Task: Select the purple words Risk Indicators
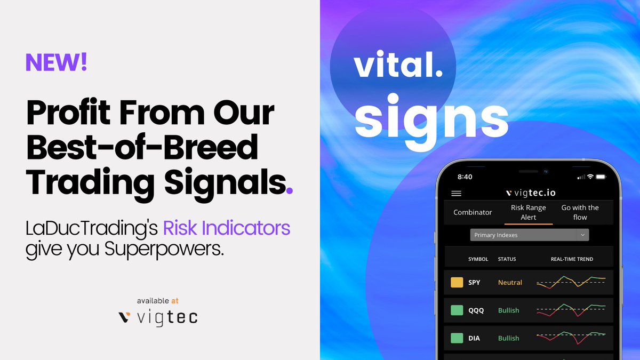coord(226,228)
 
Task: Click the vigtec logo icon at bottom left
coord(124,317)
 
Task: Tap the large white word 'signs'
coord(431,117)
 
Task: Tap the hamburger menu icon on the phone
coord(457,193)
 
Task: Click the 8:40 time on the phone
coord(465,176)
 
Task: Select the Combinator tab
coord(473,212)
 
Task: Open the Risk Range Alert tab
coord(528,212)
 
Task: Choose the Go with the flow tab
coord(580,212)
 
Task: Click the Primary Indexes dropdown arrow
coord(583,235)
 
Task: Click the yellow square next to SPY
coord(457,283)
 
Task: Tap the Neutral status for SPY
coord(510,283)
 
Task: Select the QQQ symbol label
coord(476,310)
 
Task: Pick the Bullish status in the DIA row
coord(508,338)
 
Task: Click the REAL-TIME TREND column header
coord(572,259)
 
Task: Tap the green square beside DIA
coord(457,338)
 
